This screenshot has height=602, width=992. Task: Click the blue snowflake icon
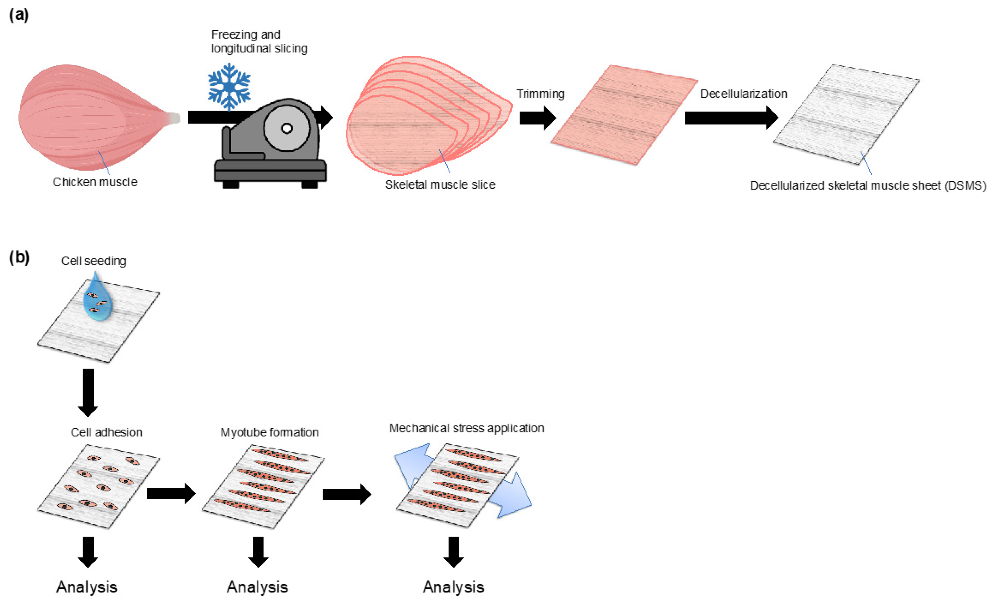click(229, 86)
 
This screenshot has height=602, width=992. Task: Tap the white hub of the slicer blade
click(287, 129)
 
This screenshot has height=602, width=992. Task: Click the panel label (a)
click(18, 15)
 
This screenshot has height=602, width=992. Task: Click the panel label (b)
click(19, 257)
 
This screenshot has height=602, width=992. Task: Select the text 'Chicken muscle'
click(95, 182)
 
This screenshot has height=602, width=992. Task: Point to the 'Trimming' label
click(540, 94)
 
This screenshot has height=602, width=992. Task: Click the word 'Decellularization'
click(743, 94)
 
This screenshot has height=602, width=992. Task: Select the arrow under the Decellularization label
click(731, 118)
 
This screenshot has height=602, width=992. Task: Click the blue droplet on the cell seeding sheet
click(97, 299)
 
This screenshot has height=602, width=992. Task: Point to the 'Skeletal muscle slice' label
click(440, 185)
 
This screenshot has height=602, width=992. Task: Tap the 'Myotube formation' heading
click(269, 432)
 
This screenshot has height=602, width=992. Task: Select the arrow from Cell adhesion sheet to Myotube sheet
click(171, 493)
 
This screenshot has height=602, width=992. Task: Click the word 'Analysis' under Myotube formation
click(257, 587)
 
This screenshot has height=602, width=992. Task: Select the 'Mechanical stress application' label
click(466, 428)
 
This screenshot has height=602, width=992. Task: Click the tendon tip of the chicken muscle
click(175, 118)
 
